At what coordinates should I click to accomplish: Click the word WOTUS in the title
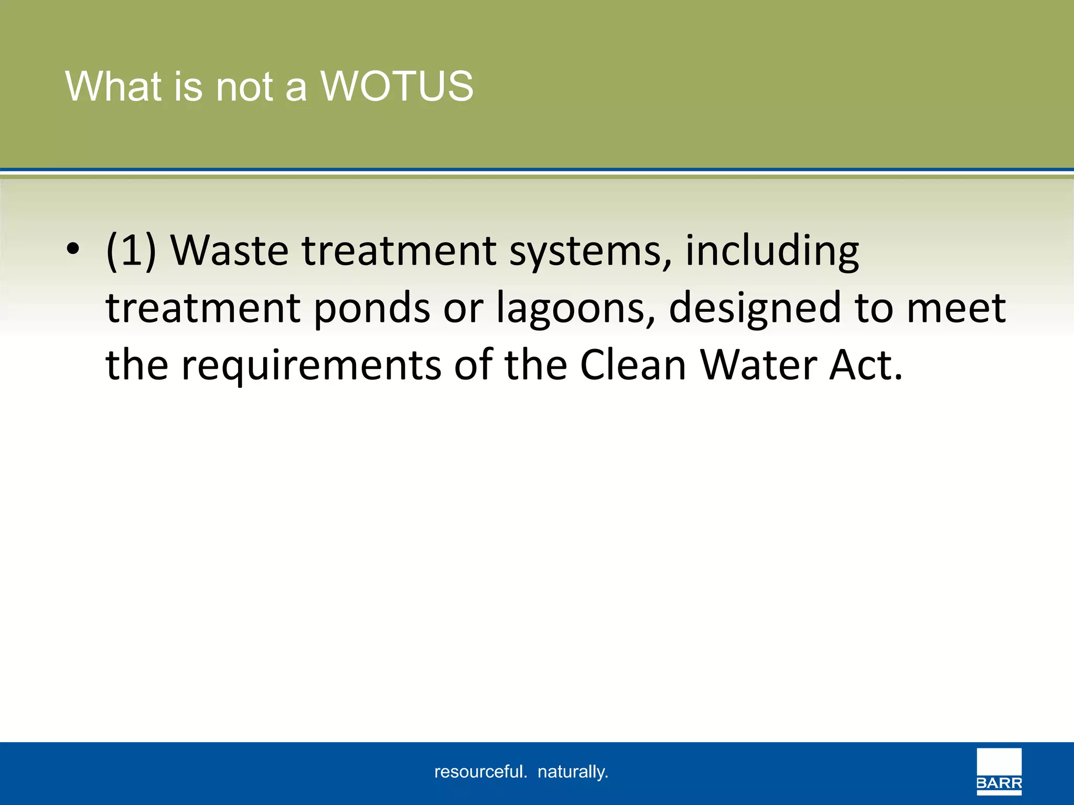tap(397, 86)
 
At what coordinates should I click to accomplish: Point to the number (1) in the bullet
tap(131, 251)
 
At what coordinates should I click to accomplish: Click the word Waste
tap(230, 251)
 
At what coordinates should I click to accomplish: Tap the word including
tap(772, 251)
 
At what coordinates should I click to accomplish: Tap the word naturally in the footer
tap(573, 772)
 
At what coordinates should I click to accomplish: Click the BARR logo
tap(999, 771)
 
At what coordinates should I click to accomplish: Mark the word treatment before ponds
tap(203, 309)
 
